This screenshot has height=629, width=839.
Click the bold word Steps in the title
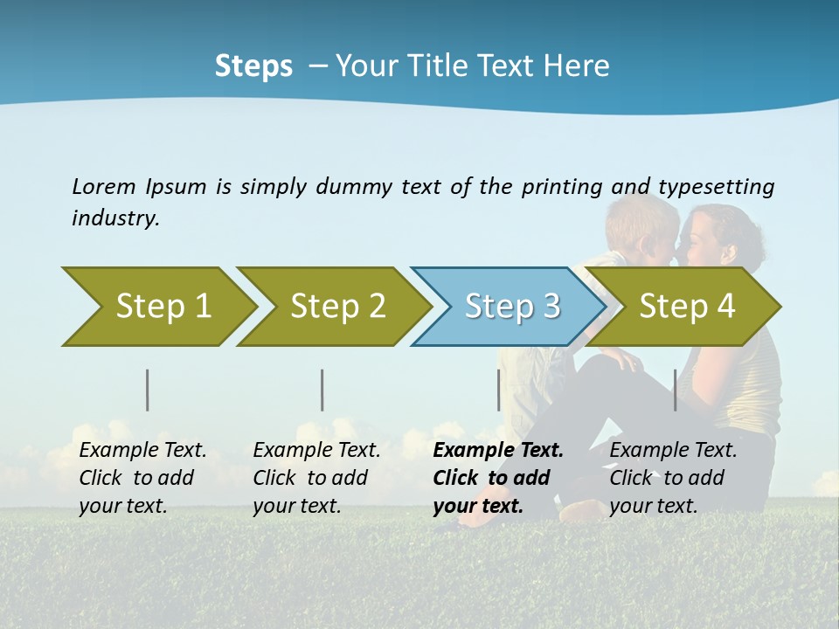tap(253, 66)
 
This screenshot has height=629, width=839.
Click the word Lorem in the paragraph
tap(103, 186)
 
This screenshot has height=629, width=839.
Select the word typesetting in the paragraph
tap(716, 187)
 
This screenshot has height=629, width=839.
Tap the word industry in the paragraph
tap(114, 218)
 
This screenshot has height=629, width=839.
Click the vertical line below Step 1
tap(147, 390)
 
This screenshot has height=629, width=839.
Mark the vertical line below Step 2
tap(322, 390)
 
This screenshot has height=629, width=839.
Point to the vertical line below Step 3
tap(498, 390)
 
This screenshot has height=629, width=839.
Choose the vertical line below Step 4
tap(675, 390)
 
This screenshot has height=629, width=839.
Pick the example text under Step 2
tap(315, 478)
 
